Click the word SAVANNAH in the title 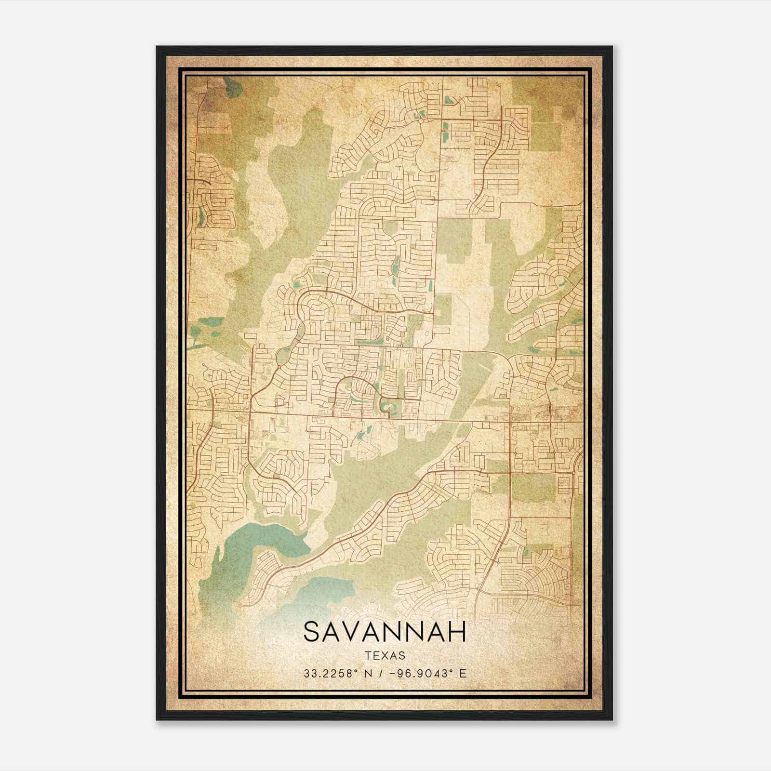(385, 632)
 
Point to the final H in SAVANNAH (458, 632)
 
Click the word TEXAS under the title (385, 655)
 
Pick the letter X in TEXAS (385, 655)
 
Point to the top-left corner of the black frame (158, 47)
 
